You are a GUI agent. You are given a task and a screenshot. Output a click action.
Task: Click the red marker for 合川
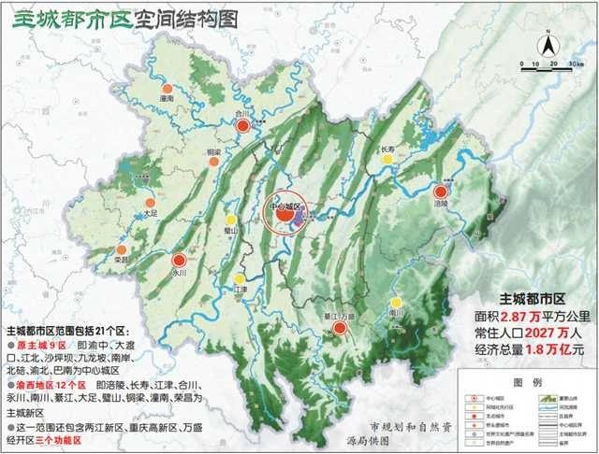point(242,126)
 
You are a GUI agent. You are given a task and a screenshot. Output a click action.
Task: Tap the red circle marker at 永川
point(179,262)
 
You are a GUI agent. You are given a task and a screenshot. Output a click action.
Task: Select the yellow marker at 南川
point(398,302)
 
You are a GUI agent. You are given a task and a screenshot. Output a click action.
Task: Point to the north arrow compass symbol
point(548,42)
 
